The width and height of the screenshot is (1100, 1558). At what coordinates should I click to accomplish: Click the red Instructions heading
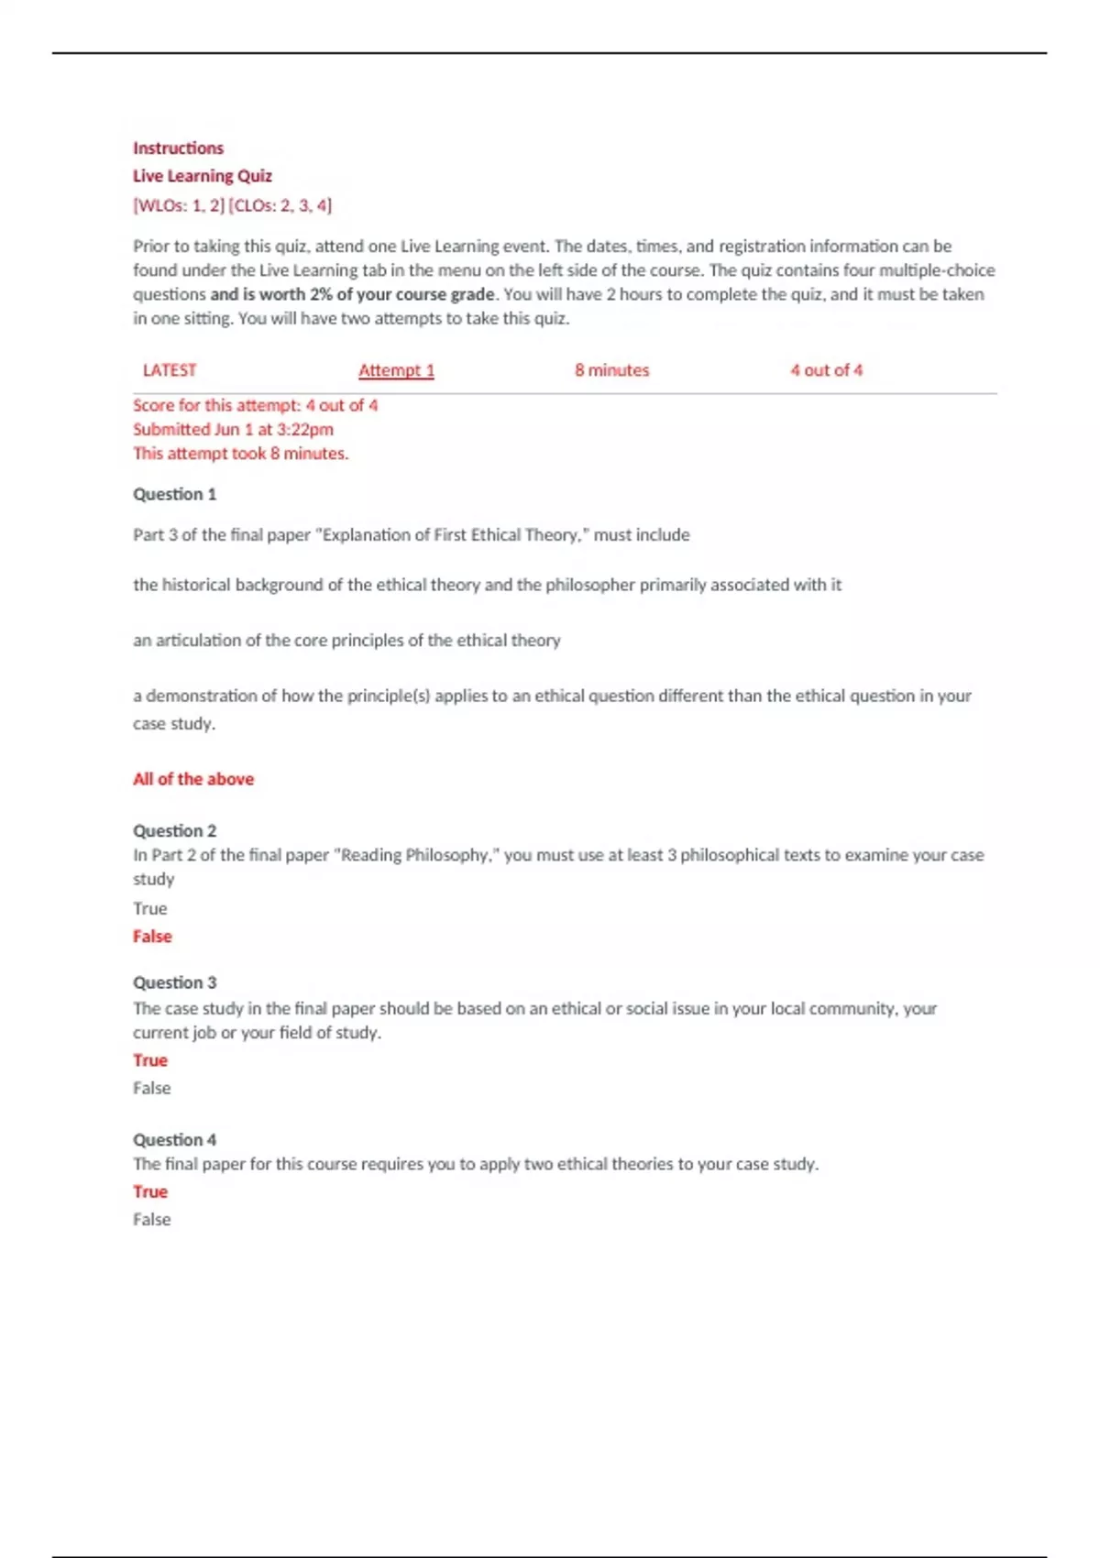[178, 148]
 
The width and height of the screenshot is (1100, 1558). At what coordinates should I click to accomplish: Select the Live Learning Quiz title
[203, 176]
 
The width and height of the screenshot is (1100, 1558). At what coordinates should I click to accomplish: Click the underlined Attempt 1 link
[396, 370]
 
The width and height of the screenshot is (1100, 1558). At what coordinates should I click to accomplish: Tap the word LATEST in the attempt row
[170, 370]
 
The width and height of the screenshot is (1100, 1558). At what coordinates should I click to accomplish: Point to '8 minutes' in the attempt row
[611, 370]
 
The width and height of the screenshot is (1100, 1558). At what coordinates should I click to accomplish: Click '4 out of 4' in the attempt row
[826, 370]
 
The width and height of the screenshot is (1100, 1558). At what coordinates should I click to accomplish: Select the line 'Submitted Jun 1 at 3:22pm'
[233, 429]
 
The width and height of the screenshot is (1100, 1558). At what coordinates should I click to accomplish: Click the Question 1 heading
[174, 494]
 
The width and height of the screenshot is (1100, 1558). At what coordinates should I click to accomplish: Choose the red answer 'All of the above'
[193, 779]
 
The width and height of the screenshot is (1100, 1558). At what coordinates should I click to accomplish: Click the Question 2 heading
[174, 830]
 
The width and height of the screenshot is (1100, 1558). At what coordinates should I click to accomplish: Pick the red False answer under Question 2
[152, 936]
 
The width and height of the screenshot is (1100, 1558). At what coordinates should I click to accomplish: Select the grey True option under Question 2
[150, 908]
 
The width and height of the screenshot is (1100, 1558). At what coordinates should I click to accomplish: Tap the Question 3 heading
[174, 982]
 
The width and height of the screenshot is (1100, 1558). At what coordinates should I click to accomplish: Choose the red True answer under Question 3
[150, 1060]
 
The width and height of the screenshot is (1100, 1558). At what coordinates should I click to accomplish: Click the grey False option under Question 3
[152, 1088]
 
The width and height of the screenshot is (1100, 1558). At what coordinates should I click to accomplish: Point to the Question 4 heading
[174, 1139]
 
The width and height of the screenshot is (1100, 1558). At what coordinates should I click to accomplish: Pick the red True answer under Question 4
[150, 1191]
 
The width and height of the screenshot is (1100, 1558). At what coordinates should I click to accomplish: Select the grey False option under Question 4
[152, 1219]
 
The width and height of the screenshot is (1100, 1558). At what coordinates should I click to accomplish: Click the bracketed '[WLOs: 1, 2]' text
[179, 205]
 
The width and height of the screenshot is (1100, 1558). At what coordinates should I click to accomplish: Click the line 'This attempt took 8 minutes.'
[240, 453]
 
